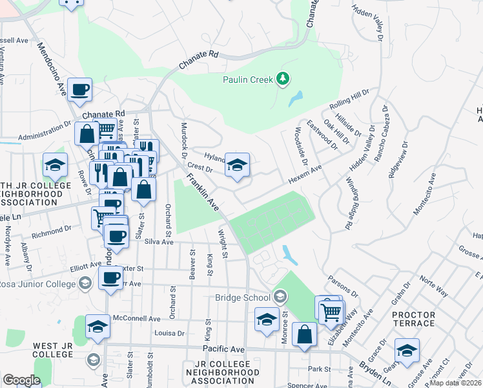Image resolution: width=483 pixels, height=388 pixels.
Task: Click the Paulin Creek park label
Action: tap(247, 80)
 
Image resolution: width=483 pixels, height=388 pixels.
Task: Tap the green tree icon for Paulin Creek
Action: tap(282, 79)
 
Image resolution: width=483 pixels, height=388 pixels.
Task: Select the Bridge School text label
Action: tap(242, 297)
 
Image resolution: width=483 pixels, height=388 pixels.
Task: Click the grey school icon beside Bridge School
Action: tap(280, 297)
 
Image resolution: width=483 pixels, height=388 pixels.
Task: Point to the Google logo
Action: tap(21, 380)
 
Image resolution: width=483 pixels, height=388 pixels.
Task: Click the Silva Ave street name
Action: tap(159, 242)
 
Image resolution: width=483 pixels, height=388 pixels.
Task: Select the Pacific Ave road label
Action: tap(224, 349)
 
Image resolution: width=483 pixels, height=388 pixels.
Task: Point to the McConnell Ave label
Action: tap(136, 319)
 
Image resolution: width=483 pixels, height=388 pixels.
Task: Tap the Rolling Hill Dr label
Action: tap(349, 100)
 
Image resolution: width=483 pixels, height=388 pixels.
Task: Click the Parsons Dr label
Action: tap(343, 284)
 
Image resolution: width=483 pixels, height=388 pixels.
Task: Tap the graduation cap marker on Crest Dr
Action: tap(237, 166)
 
